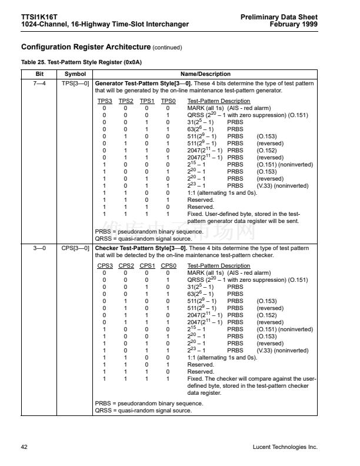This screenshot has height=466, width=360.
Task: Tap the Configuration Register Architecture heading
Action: [85, 46]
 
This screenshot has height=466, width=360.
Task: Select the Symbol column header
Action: [75, 74]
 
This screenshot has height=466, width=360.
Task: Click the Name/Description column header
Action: [205, 74]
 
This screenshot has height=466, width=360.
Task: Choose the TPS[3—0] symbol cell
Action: [75, 84]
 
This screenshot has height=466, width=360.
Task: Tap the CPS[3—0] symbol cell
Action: [75, 248]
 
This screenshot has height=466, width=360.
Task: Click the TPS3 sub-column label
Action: [104, 101]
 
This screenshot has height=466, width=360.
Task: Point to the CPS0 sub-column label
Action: [168, 266]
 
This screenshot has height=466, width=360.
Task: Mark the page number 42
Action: [24, 447]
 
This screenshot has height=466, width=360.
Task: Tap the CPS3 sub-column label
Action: [104, 266]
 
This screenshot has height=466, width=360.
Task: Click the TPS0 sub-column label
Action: [168, 101]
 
